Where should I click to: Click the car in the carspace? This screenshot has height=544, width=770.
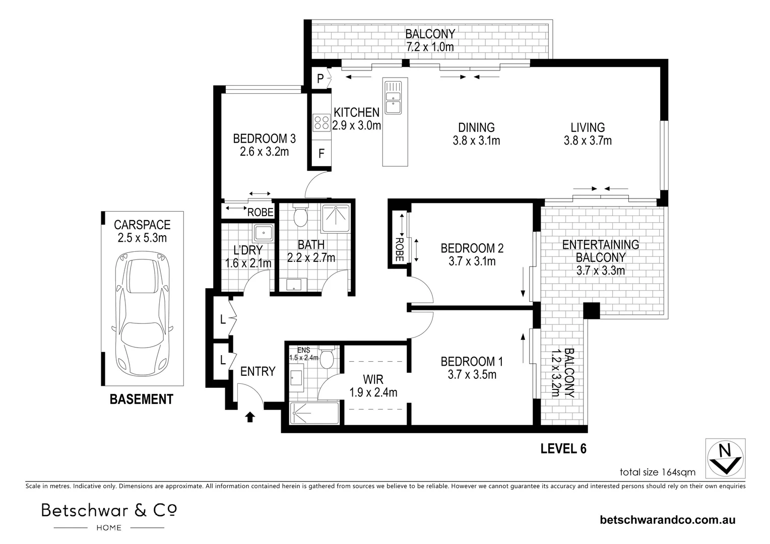tap(142, 313)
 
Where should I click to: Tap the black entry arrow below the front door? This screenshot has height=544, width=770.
tap(250, 417)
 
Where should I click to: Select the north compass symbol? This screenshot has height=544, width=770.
tap(725, 458)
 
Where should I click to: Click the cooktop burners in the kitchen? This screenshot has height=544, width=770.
tap(322, 123)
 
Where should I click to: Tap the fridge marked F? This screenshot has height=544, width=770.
tap(322, 153)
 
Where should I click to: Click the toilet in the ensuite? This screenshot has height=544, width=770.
tap(327, 358)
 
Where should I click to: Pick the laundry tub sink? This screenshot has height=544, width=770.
tap(264, 233)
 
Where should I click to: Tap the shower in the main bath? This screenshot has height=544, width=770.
tap(336, 218)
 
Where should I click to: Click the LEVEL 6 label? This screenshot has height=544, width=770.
tap(563, 448)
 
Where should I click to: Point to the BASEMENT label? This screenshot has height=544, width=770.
tap(141, 399)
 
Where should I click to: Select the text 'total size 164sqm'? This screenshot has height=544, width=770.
tap(657, 472)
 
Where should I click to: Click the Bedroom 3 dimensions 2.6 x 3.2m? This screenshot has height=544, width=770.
tap(265, 152)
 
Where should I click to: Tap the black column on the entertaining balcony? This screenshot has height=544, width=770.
tap(592, 310)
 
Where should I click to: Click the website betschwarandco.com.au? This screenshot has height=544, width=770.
tap(668, 520)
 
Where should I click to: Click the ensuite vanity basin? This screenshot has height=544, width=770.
tap(297, 379)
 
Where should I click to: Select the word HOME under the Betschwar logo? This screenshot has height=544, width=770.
tap(109, 527)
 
